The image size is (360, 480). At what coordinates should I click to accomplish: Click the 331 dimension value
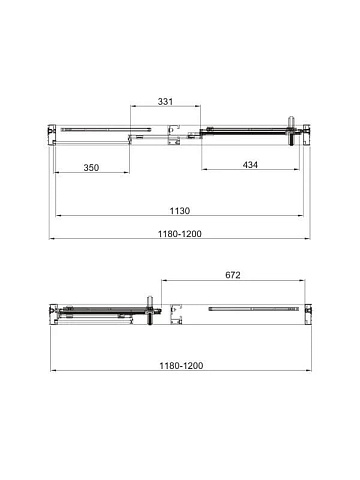pyautogui.click(x=165, y=101)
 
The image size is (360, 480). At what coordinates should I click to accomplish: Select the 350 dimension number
pyautogui.click(x=91, y=167)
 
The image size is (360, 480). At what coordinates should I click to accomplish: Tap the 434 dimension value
pyautogui.click(x=250, y=165)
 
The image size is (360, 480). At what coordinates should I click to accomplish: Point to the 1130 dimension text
pyautogui.click(x=180, y=211)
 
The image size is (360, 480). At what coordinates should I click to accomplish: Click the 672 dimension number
pyautogui.click(x=233, y=275)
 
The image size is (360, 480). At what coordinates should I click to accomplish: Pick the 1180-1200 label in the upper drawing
pyautogui.click(x=180, y=234)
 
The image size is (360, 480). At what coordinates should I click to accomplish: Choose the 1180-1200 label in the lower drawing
pyautogui.click(x=181, y=366)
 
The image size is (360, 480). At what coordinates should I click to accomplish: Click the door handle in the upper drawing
pyautogui.click(x=292, y=131)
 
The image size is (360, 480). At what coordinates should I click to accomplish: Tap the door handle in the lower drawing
pyautogui.click(x=150, y=310)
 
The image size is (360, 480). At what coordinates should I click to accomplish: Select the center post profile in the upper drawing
pyautogui.click(x=174, y=135)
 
